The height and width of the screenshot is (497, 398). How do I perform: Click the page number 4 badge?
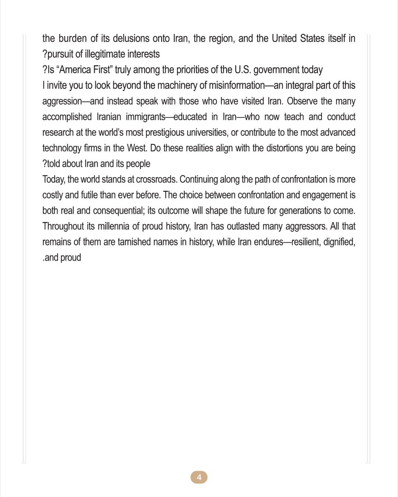coord(199,477)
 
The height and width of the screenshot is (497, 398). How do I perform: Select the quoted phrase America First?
coord(84,70)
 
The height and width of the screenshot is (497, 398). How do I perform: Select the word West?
coord(136,148)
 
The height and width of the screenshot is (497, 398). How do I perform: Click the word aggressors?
coord(304,226)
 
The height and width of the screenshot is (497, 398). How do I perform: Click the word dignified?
coord(339,242)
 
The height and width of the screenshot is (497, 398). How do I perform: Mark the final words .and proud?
coord(62,257)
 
